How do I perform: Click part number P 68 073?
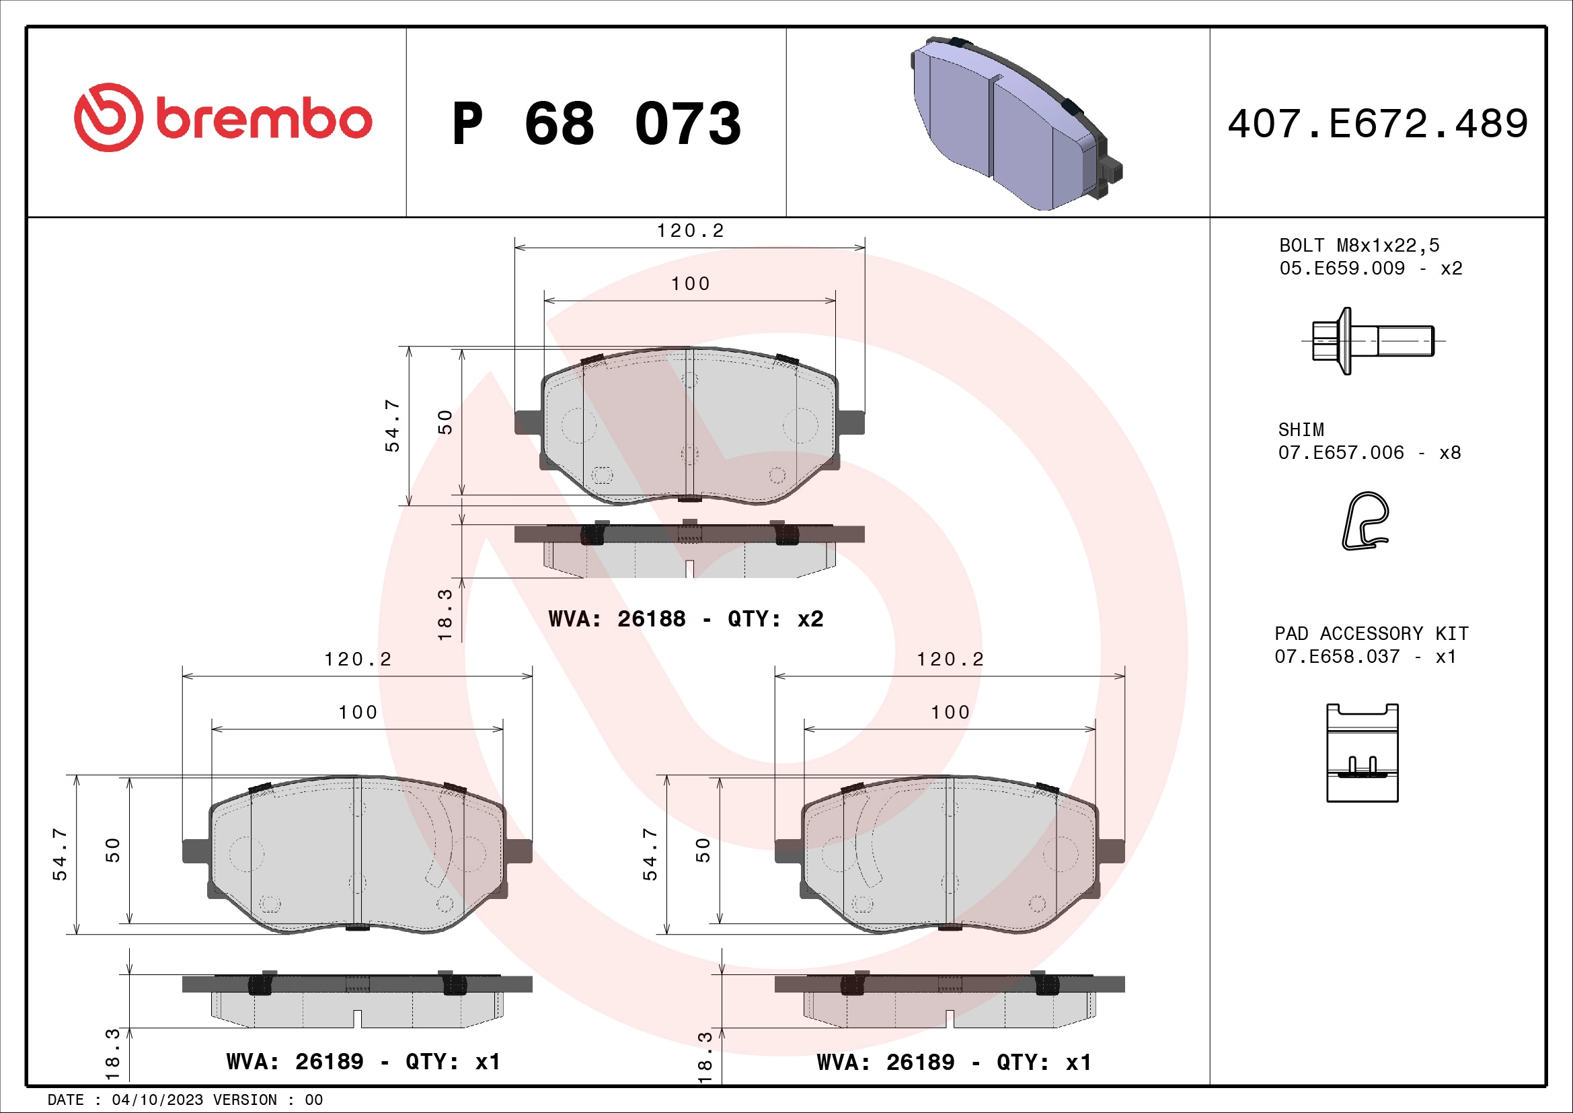click(x=596, y=124)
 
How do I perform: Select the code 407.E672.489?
click(x=1377, y=124)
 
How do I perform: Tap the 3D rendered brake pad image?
click(x=1014, y=123)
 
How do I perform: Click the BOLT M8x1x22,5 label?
click(x=1359, y=246)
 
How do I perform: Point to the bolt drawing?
click(x=1370, y=340)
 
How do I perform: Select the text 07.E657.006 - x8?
click(x=1369, y=452)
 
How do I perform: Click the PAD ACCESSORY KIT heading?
click(x=1371, y=633)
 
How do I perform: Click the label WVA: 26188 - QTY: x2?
click(x=686, y=619)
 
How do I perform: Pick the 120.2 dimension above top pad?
click(x=690, y=231)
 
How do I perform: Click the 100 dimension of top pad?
click(x=690, y=284)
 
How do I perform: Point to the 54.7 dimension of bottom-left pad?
click(x=61, y=854)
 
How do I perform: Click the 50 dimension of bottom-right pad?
click(x=703, y=851)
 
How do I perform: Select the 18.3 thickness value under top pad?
click(x=445, y=614)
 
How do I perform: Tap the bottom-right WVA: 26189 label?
click(x=954, y=1063)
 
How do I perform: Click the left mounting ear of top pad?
click(x=527, y=422)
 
